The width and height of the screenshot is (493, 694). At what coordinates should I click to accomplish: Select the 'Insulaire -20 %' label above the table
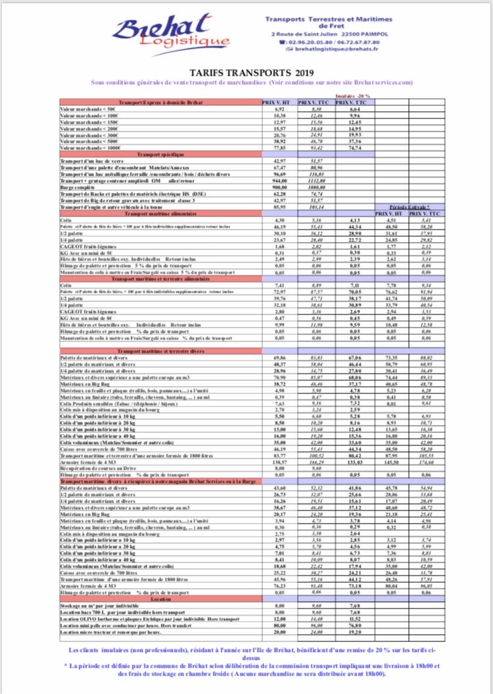(354, 95)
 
